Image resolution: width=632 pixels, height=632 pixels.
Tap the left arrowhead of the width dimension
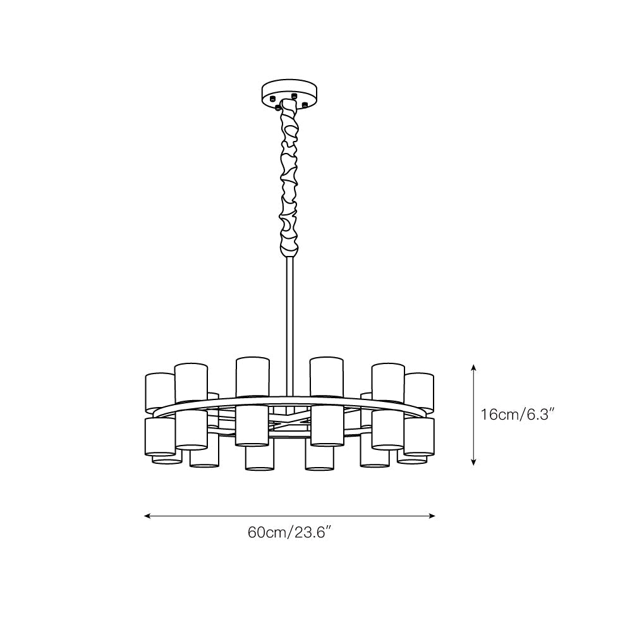pyautogui.click(x=147, y=516)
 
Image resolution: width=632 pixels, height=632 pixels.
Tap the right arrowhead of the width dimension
pyautogui.click(x=432, y=516)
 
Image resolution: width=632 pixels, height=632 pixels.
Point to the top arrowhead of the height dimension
pyautogui.click(x=473, y=367)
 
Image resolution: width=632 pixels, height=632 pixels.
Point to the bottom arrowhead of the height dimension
pyautogui.click(x=473, y=463)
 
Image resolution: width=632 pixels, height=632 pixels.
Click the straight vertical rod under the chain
pyautogui.click(x=289, y=327)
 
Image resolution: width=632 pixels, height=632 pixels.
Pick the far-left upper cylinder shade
pyautogui.click(x=160, y=391)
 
